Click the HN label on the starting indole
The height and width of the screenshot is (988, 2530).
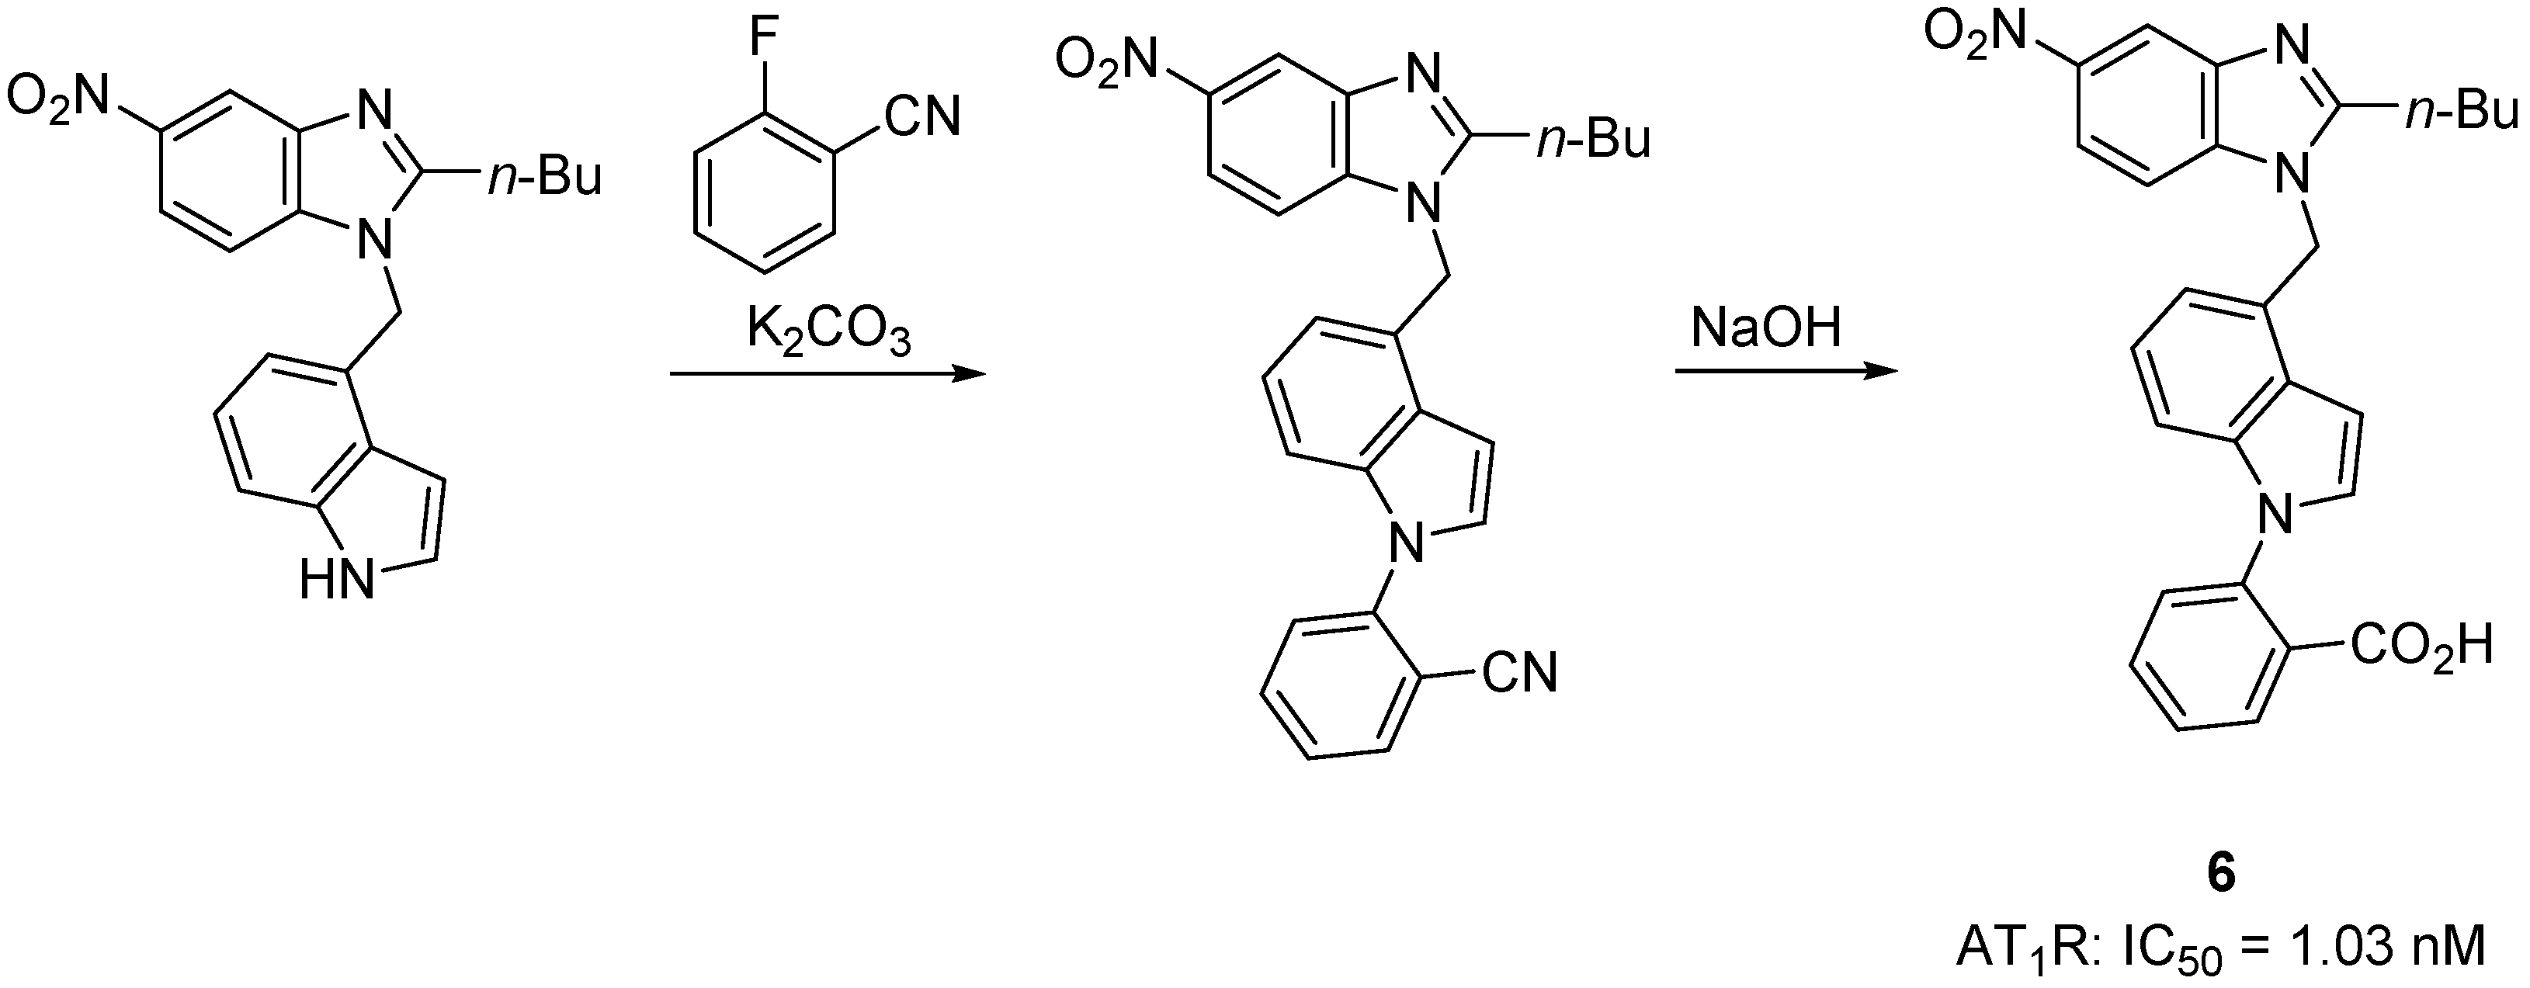[x=337, y=581]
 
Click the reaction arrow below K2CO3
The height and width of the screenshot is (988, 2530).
[x=826, y=373]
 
